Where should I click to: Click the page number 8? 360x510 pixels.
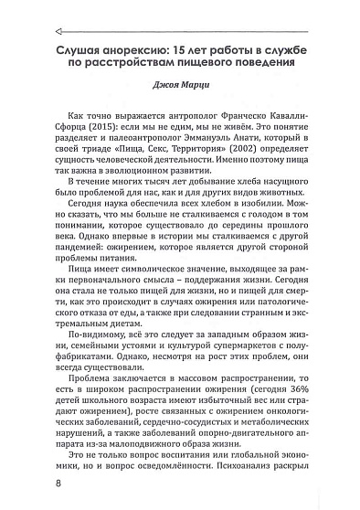pos(34,482)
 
